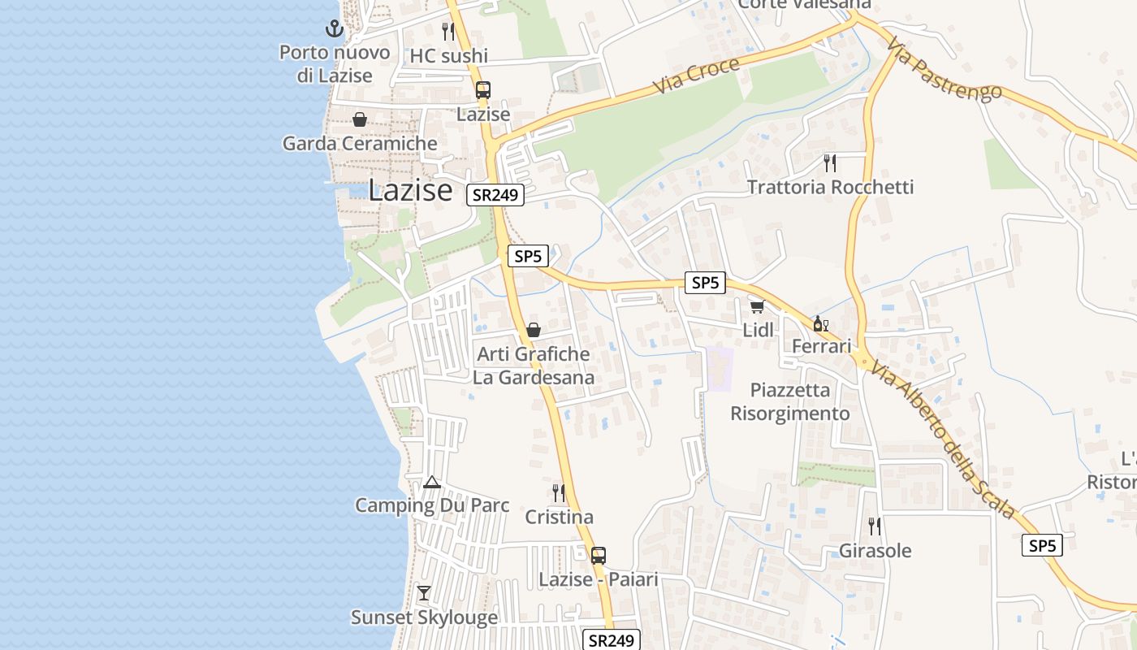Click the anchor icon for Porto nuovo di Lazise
coord(334,30)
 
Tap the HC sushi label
coord(449,55)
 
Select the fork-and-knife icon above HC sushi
coord(447,32)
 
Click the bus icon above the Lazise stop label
coord(483,90)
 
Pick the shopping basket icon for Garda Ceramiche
coord(360,120)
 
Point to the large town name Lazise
coord(410,190)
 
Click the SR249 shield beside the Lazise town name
coord(495,195)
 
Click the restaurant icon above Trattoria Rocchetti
coord(829,163)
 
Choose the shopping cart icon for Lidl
coord(758,306)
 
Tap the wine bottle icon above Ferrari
coord(821,324)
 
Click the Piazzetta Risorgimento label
coord(790,401)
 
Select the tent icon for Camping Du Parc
coord(432,483)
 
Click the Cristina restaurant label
coord(559,517)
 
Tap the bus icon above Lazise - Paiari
coord(599,556)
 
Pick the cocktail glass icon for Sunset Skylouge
coord(424,593)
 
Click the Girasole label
coord(875,551)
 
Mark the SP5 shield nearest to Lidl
coord(705,283)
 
